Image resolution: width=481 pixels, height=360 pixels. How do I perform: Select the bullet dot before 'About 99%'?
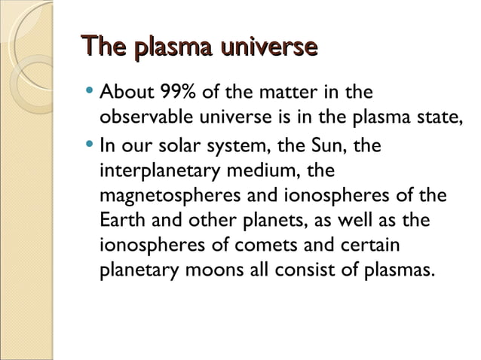click(90, 94)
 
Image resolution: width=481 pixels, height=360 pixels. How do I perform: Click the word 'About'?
click(125, 94)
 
